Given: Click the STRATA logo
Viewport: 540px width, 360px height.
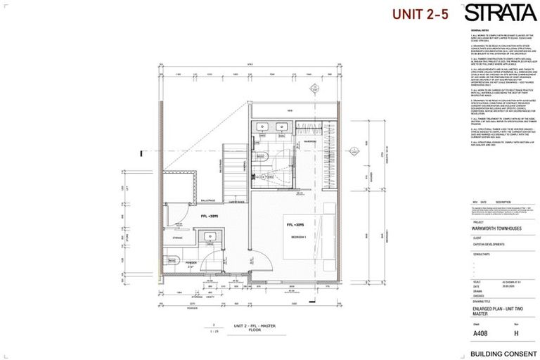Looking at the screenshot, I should [x=499, y=13].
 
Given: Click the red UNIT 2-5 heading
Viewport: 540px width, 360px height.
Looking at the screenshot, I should [x=420, y=14].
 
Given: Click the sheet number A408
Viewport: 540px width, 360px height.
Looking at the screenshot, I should [x=481, y=334].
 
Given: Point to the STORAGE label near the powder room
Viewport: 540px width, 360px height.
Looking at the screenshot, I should [x=176, y=238].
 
